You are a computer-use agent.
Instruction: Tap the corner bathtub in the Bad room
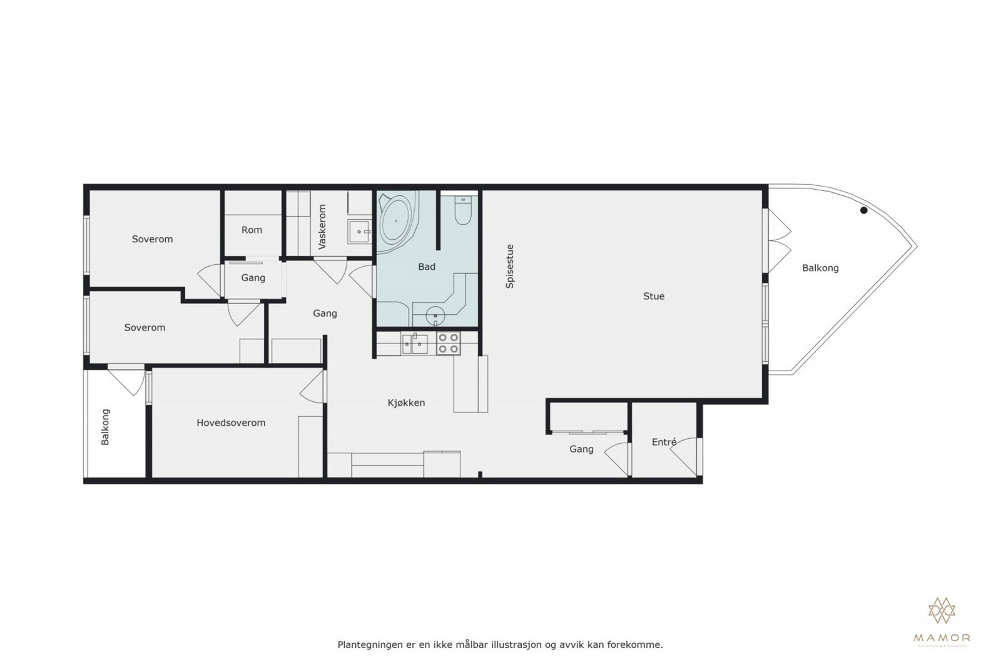click(395, 220)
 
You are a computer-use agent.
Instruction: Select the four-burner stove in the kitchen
click(448, 343)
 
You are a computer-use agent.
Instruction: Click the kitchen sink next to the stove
click(415, 343)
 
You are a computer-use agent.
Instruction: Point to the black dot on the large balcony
click(864, 210)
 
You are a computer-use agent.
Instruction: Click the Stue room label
click(654, 296)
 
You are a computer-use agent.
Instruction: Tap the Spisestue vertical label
click(510, 266)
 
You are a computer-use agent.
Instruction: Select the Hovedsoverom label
click(231, 423)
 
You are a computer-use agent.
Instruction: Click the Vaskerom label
click(323, 227)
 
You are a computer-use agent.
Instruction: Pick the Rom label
click(252, 230)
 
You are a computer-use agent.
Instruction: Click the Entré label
click(664, 442)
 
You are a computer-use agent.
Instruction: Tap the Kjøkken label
click(406, 403)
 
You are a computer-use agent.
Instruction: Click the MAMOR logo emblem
click(942, 610)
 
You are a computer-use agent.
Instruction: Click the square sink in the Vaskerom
click(359, 231)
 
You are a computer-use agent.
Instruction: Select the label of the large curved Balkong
click(820, 268)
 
